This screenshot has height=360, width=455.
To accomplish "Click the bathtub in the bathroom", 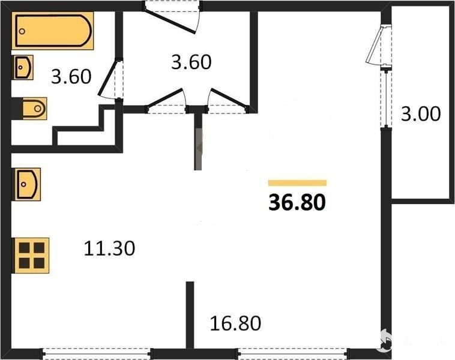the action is pyautogui.click(x=53, y=31).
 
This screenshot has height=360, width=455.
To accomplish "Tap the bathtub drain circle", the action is pyautogui.click(x=22, y=31).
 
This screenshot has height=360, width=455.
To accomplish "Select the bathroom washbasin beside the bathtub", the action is pyautogui.click(x=23, y=67).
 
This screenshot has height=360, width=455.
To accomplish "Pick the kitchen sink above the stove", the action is pyautogui.click(x=26, y=184).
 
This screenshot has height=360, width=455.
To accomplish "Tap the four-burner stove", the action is pyautogui.click(x=31, y=256).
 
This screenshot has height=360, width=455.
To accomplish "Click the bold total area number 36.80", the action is pyautogui.click(x=297, y=202).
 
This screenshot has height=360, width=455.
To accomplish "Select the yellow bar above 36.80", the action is pyautogui.click(x=298, y=183).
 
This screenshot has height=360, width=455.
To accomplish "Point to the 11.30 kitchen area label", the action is pyautogui.click(x=109, y=248).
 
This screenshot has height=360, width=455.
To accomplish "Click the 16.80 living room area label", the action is pyautogui.click(x=235, y=323).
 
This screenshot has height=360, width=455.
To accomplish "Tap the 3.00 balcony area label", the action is pyautogui.click(x=421, y=113).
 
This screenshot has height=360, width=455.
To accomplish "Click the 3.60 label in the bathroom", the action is pyautogui.click(x=71, y=77).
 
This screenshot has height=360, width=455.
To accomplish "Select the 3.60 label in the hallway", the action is pyautogui.click(x=191, y=62).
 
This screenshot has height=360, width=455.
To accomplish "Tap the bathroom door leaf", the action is pyautogui.click(x=107, y=79).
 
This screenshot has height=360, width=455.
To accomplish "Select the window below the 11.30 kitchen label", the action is pyautogui.click(x=97, y=353).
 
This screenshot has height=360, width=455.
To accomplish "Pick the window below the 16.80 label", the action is pyautogui.click(x=292, y=353).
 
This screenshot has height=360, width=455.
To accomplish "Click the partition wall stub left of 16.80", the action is pyautogui.click(x=190, y=315).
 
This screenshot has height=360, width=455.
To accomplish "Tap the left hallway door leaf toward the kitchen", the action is pyautogui.click(x=166, y=98).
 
